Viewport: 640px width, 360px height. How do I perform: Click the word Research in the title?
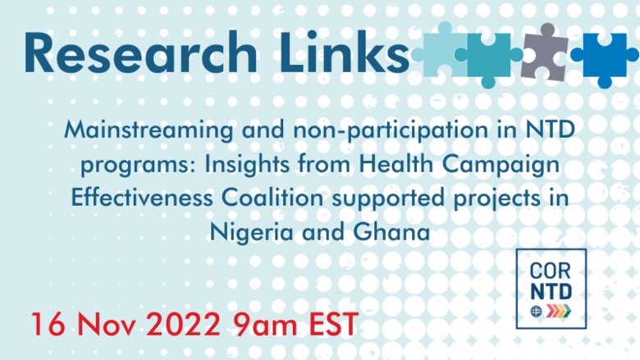click(141, 53)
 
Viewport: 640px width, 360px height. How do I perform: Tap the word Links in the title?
click(344, 52)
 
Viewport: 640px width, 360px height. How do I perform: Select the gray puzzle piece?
click(545, 52)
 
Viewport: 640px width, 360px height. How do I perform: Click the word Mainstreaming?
click(149, 130)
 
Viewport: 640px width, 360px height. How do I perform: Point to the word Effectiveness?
click(142, 198)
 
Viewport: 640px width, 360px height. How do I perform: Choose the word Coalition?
click(272, 198)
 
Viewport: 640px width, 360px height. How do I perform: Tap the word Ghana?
click(391, 232)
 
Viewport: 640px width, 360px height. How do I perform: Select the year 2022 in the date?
click(182, 324)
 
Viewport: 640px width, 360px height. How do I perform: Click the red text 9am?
click(265, 325)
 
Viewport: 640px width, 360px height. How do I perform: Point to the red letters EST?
click(334, 324)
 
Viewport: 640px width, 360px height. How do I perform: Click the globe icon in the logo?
click(536, 312)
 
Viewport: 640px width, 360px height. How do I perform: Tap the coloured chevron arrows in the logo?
click(559, 311)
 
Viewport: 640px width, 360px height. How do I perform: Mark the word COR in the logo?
click(550, 271)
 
